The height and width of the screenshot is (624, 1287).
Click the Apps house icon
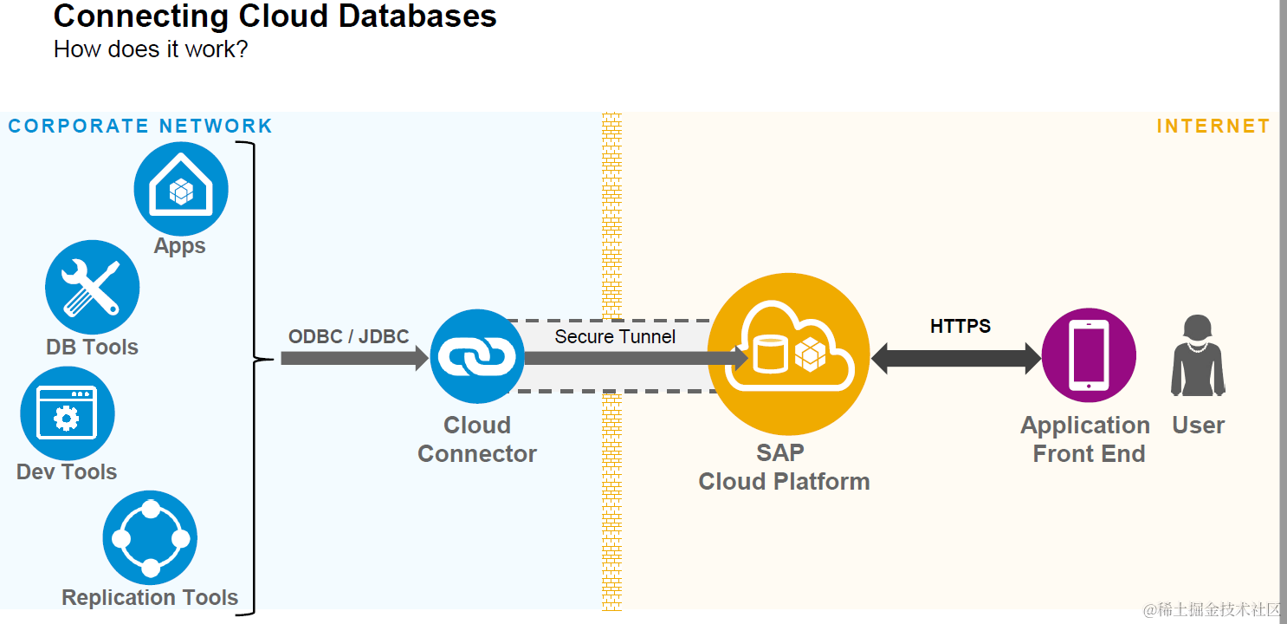coord(181,189)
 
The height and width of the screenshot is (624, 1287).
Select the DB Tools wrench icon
coord(92,287)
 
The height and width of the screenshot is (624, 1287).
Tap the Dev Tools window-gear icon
coord(67,413)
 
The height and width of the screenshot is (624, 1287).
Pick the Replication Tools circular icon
coord(150,538)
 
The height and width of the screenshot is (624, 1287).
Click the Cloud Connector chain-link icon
coord(477,356)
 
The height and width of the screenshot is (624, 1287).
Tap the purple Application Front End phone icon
coord(1089,355)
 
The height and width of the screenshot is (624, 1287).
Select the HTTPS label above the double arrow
coord(960,326)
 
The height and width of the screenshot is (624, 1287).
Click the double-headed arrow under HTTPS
coord(956,358)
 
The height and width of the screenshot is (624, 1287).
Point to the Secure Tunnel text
coord(615,336)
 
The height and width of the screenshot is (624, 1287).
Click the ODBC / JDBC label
coord(348,336)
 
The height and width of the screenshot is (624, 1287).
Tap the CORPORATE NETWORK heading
coord(140,127)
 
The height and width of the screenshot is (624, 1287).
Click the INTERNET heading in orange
coord(1213,127)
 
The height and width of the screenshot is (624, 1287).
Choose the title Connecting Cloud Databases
coord(275,16)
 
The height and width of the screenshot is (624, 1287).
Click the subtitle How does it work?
coord(151,49)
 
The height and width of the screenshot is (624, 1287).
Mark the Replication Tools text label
coord(150,597)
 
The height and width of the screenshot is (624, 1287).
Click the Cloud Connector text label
coord(477,439)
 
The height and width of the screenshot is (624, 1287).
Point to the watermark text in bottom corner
coord(1212,610)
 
